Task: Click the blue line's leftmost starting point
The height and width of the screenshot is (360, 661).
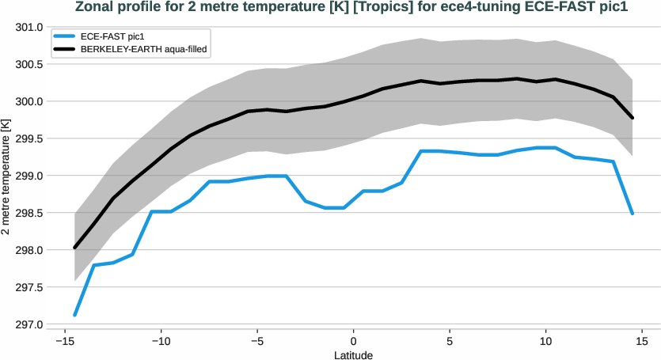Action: (x=74, y=315)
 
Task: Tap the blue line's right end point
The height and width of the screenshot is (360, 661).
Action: (x=633, y=213)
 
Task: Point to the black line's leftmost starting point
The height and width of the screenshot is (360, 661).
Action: (x=74, y=248)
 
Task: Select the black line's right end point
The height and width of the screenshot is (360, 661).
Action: (x=633, y=118)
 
